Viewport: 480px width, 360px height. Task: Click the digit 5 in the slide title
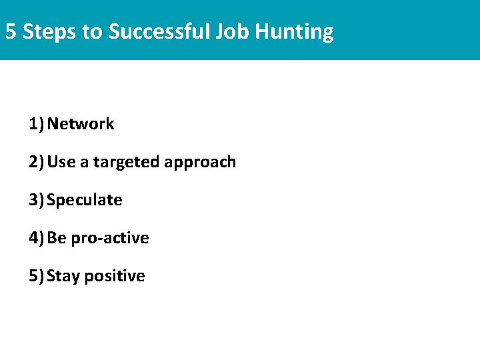pos(11,31)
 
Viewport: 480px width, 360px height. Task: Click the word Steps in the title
pos(50,31)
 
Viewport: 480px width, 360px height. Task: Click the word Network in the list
pos(81,124)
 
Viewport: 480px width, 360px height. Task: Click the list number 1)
pos(36,124)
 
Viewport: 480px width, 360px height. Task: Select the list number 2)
pos(36,162)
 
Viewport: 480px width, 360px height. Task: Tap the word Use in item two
pos(61,162)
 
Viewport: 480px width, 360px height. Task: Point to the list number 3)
pos(36,200)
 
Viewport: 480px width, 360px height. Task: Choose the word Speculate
pos(85,201)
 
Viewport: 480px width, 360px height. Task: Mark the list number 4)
pos(36,238)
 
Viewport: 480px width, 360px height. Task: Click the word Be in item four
pos(57,238)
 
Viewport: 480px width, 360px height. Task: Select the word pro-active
pos(110,239)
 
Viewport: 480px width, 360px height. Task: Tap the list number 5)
pos(36,276)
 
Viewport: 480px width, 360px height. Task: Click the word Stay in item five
pos(63,277)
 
